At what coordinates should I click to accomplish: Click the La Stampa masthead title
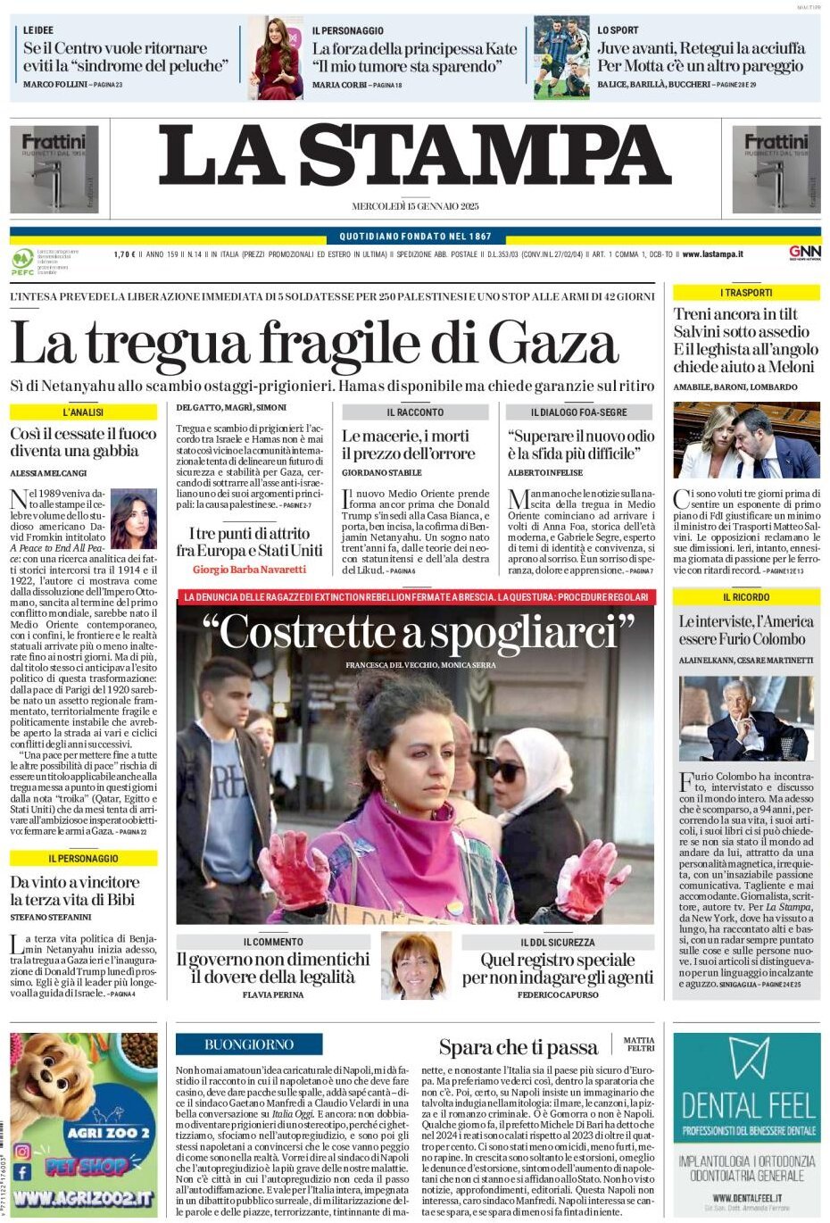pyautogui.click(x=415, y=156)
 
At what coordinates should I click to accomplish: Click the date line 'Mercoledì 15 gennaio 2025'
pyautogui.click(x=415, y=206)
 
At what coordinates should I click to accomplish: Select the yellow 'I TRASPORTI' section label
pyautogui.click(x=746, y=292)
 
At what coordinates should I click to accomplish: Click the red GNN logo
pyautogui.click(x=804, y=253)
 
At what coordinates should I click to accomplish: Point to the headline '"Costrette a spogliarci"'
pyautogui.click(x=418, y=632)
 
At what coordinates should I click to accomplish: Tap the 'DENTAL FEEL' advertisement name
pyautogui.click(x=746, y=1105)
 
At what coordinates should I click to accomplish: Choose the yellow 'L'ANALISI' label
pyautogui.click(x=83, y=412)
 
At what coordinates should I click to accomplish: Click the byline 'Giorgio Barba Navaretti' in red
pyautogui.click(x=249, y=569)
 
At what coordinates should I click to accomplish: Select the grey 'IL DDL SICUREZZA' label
pyautogui.click(x=557, y=942)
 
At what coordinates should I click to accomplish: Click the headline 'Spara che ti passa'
pyautogui.click(x=518, y=1047)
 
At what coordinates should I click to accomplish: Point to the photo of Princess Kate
pyautogui.click(x=275, y=58)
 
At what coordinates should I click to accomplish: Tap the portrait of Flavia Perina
pyautogui.click(x=416, y=966)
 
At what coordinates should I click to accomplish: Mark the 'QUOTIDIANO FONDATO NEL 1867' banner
pyautogui.click(x=415, y=237)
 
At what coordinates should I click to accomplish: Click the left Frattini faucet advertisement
pyautogui.click(x=54, y=170)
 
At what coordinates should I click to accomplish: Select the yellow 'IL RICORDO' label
pyautogui.click(x=746, y=596)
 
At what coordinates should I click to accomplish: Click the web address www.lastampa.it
pyautogui.click(x=712, y=254)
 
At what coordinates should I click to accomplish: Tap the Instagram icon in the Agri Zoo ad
pyautogui.click(x=22, y=1151)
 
